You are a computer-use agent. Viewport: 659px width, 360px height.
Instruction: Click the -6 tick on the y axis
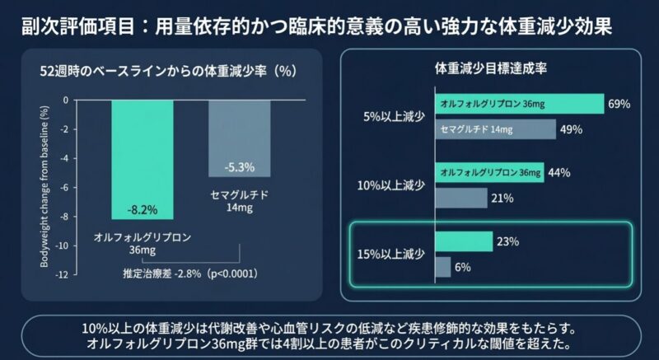coord(65,187)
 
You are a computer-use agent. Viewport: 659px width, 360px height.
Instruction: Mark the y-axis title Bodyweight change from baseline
coord(44,188)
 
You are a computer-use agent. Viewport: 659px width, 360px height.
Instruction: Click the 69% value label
coord(618,104)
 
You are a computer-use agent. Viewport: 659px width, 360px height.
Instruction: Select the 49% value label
coord(571,129)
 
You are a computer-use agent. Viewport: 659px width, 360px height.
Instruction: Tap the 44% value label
coord(559,173)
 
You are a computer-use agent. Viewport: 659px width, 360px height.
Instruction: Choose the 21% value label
coord(502,199)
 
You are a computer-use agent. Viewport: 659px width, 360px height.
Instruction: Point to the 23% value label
coord(507,242)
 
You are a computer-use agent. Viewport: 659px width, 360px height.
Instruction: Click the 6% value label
coord(462,267)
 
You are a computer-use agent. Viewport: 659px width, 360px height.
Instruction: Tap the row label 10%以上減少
coord(391,185)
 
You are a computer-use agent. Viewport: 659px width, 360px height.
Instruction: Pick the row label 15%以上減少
coord(391,254)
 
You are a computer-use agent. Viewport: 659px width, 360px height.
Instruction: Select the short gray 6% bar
coord(442,267)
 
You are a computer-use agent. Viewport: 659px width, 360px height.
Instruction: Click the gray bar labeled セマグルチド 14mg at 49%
coord(495,129)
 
